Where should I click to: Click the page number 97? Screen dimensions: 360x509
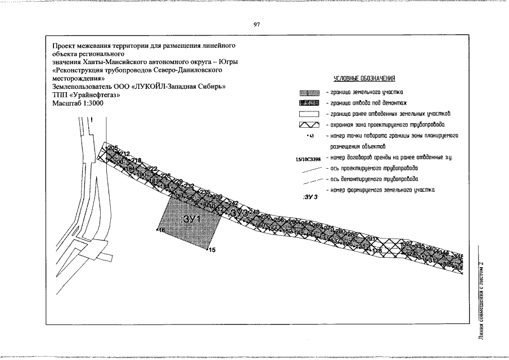[x=256, y=25]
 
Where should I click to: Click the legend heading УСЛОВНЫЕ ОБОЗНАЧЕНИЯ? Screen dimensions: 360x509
[x=364, y=78]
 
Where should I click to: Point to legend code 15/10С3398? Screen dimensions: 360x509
[x=307, y=159]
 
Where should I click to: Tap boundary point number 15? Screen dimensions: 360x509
[x=212, y=250]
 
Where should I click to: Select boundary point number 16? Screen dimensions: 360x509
[x=161, y=231]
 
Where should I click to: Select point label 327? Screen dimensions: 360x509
[x=407, y=244]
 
